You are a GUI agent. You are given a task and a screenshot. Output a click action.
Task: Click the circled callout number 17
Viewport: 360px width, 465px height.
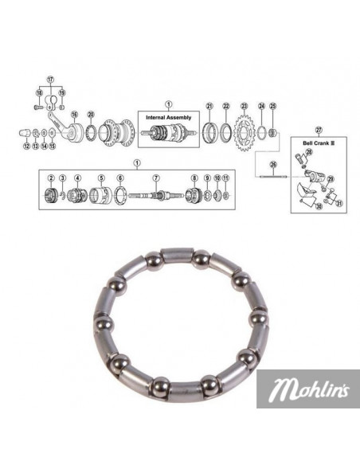click(x=51, y=79)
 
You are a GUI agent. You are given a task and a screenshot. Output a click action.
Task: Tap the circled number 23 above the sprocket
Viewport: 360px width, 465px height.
click(x=245, y=107)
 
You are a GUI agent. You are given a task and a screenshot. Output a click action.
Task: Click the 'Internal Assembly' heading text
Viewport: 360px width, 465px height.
click(x=167, y=116)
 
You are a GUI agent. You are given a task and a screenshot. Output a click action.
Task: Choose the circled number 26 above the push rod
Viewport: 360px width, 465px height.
click(x=271, y=165)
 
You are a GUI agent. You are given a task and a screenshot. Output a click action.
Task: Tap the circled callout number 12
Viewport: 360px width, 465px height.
click(x=26, y=147)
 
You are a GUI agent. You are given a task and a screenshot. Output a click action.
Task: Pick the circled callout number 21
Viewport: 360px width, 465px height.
click(x=209, y=107)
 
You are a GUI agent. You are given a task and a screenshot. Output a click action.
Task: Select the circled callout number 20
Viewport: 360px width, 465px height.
click(x=91, y=114)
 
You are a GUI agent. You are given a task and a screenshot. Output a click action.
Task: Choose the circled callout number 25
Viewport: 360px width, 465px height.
click(x=272, y=107)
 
